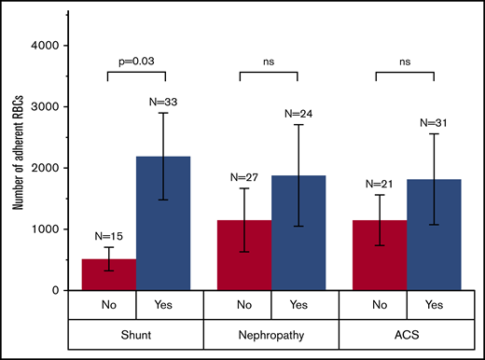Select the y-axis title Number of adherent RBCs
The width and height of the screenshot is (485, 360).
(19, 168)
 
